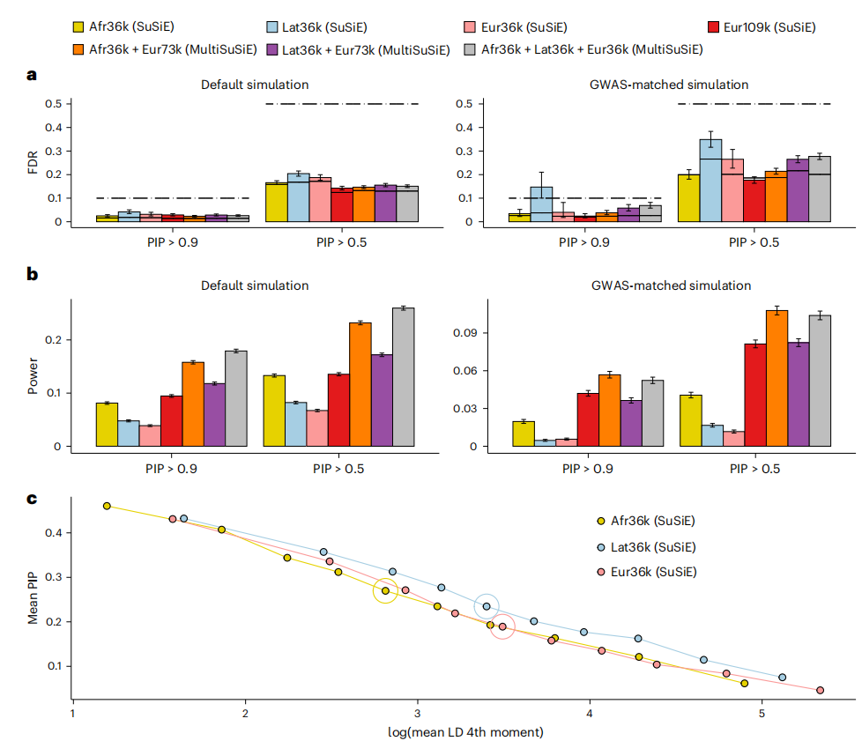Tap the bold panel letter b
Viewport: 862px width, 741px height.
click(x=33, y=274)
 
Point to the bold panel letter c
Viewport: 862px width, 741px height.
click(x=32, y=499)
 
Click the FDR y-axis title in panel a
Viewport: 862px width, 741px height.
click(x=35, y=162)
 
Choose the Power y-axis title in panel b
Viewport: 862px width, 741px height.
click(x=33, y=374)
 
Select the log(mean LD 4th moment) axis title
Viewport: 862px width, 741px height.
click(x=464, y=731)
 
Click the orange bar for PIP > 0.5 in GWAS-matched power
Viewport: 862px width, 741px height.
click(x=777, y=378)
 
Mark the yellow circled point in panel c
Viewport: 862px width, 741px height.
click(x=385, y=590)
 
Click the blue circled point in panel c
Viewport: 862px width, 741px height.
click(x=487, y=606)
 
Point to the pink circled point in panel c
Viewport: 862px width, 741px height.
click(x=502, y=626)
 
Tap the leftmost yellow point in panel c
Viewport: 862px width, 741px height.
click(x=107, y=506)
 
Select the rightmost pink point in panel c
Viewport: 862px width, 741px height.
click(x=820, y=690)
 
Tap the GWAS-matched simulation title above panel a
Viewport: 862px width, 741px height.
click(x=668, y=85)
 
